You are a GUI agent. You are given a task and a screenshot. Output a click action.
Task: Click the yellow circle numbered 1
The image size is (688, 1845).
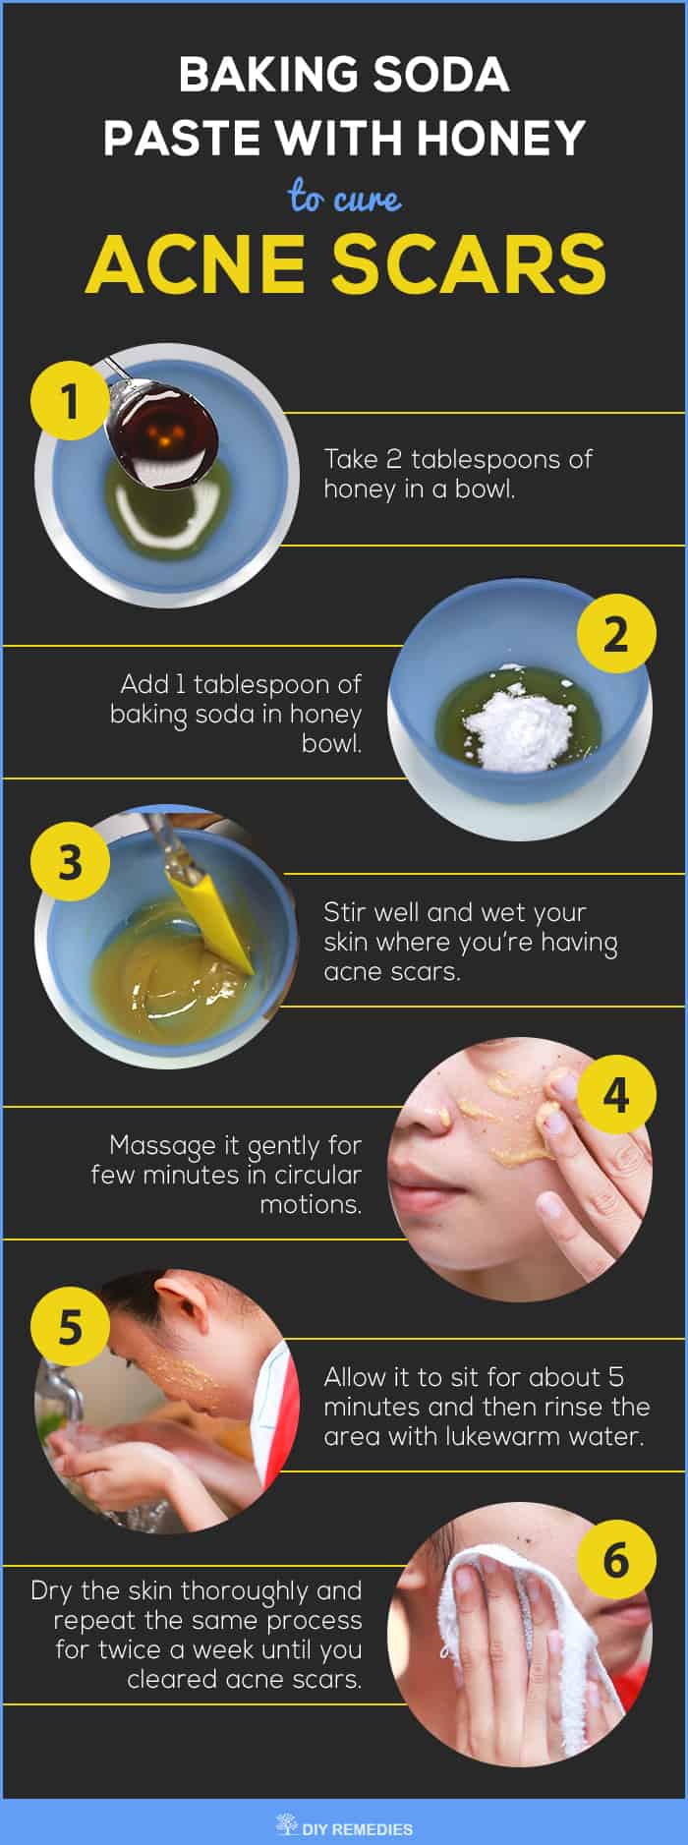(70, 401)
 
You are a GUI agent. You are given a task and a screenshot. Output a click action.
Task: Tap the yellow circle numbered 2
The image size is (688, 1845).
(615, 634)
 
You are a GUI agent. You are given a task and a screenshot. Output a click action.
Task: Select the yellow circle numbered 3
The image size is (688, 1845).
(70, 862)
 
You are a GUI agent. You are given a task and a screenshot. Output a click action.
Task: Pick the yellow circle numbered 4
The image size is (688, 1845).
(615, 1094)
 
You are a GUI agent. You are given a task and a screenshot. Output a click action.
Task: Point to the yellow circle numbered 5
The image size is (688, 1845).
(70, 1327)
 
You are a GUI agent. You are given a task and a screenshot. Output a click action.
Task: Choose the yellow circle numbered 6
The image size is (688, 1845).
(615, 1560)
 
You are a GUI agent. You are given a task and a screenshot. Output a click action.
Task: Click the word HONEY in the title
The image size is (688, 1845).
(500, 138)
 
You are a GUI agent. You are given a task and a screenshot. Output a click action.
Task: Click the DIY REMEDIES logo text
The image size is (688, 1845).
(357, 1829)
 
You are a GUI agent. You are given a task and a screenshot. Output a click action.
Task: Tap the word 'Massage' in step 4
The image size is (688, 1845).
(162, 1146)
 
